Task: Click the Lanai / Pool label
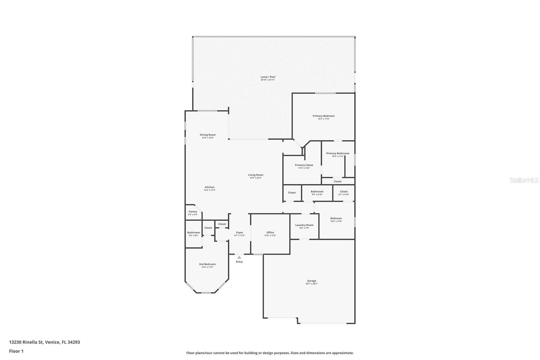[268, 77]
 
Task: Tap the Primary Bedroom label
[323, 116]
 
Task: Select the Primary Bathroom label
[337, 154]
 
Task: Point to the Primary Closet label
[304, 165]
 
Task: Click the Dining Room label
[208, 135]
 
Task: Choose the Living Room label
[255, 175]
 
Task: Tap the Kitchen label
[209, 187]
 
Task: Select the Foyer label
[239, 233]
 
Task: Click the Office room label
[270, 233]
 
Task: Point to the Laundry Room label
[304, 225]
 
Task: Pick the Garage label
[312, 281]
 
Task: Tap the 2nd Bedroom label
[207, 264]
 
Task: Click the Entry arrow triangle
[239, 257]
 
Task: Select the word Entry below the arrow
[239, 262]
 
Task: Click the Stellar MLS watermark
[524, 181]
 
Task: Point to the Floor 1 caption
[16, 351]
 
